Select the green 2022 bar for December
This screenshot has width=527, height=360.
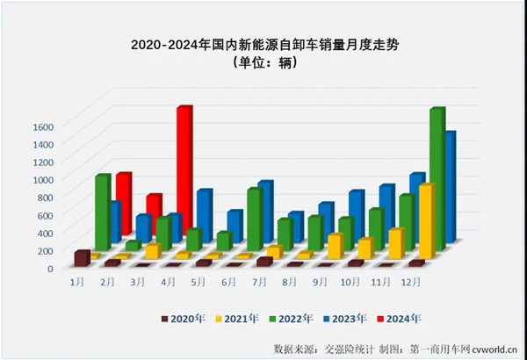(436, 176)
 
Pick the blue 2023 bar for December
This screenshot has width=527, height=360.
(450, 189)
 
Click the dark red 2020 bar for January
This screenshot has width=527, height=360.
(83, 257)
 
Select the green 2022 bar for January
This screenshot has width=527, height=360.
(103, 211)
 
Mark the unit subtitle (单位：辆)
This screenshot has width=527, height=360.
(263, 62)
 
